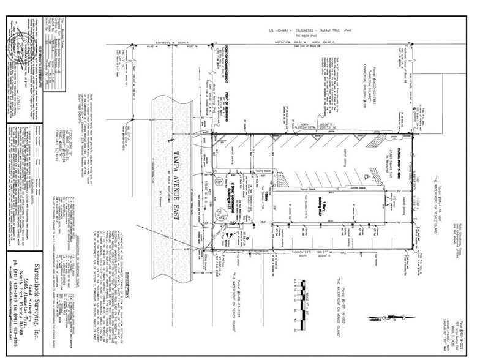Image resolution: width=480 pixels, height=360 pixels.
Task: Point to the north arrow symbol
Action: click(383, 318)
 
